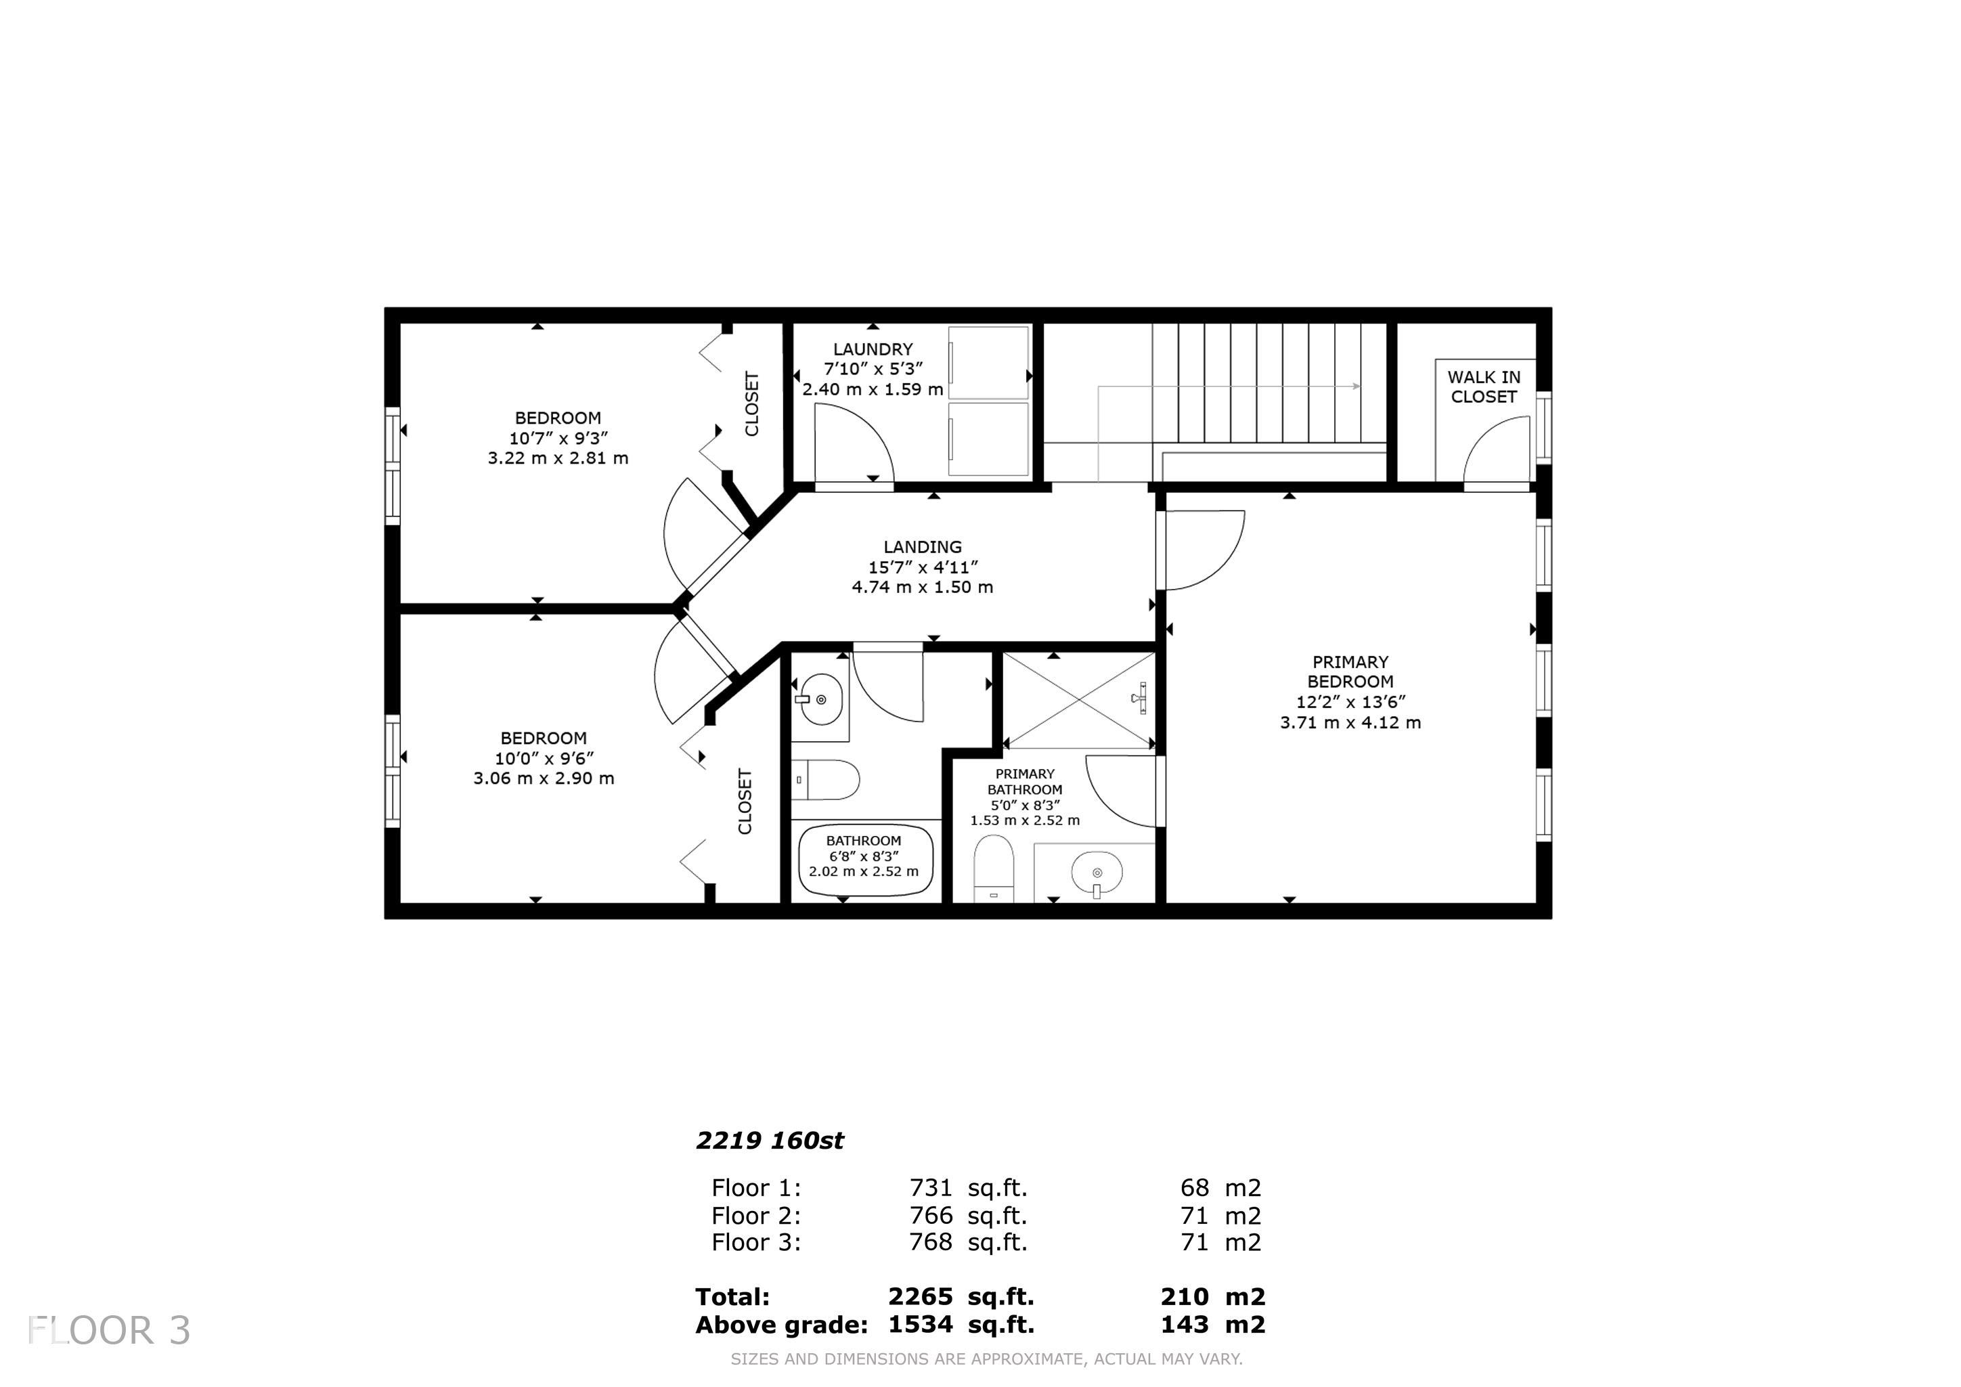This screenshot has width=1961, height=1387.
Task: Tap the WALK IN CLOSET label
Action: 1484,387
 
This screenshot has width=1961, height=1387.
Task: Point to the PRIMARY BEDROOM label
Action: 1350,672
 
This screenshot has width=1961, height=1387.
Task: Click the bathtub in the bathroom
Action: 865,860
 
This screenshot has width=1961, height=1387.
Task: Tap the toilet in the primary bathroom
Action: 993,868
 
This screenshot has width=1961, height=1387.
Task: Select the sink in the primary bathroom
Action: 1097,873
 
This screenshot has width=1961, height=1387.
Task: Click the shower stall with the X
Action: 1079,701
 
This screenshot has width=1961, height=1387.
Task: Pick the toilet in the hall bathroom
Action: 825,780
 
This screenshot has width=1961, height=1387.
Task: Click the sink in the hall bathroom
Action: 820,699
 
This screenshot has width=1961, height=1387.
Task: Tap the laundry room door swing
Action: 854,444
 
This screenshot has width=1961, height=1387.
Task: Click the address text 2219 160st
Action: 770,1141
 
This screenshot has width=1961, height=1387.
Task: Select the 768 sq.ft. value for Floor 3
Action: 969,1242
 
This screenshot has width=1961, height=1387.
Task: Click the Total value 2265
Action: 920,1296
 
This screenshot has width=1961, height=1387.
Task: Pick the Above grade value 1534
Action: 920,1325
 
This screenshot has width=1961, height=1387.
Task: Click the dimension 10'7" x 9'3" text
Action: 558,438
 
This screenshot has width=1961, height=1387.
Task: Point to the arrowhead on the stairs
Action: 1357,386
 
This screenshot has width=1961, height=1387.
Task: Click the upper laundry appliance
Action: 988,362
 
